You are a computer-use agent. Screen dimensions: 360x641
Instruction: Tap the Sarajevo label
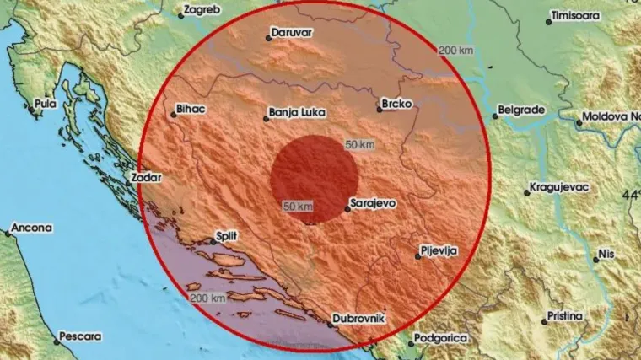point(374,203)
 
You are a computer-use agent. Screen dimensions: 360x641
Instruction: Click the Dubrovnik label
point(361,316)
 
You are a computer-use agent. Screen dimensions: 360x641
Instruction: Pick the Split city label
point(227,236)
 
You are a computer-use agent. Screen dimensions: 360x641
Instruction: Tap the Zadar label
point(145,178)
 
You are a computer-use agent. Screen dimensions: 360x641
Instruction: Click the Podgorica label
point(438,337)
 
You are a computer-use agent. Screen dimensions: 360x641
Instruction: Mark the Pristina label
point(564,315)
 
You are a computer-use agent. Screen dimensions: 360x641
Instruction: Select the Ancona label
point(33,228)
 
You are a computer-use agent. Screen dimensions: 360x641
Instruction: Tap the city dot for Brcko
point(379,109)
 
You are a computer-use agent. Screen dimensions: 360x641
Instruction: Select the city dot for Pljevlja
point(417,256)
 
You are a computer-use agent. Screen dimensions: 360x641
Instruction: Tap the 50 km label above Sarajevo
point(359,145)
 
